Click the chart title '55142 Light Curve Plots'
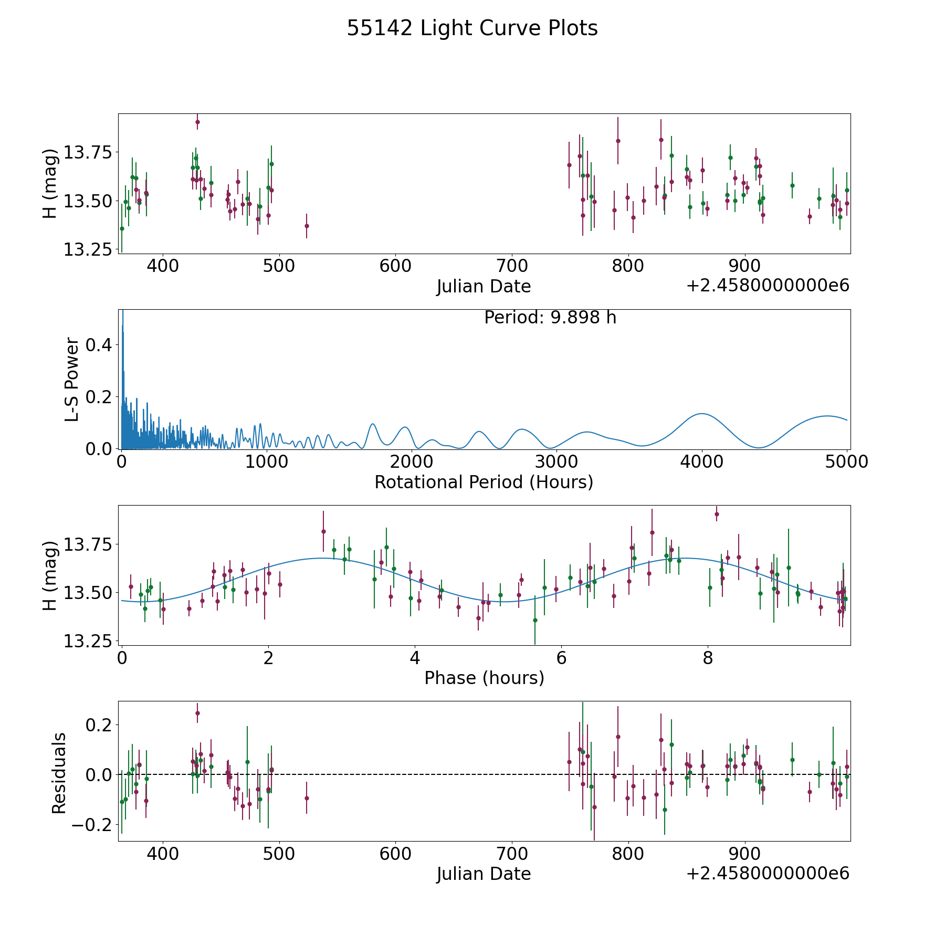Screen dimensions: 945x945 coord(472,28)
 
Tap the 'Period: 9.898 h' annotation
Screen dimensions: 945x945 coord(550,318)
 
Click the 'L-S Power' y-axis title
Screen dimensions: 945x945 coord(72,379)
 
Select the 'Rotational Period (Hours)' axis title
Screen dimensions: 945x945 coord(484,482)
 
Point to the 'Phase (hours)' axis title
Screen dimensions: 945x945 coord(484,678)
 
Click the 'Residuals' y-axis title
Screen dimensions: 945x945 coord(59,773)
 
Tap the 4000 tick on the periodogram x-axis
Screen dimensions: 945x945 coord(702,462)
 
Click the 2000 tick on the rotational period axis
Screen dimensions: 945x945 coord(412,462)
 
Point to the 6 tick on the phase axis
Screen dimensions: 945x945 coord(561,658)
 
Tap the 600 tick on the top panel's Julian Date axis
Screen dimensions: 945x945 coord(395,266)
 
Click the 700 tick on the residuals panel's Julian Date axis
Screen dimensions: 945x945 coord(512,854)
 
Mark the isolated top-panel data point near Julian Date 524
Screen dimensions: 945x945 coord(307,226)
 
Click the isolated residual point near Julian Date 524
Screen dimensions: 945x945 coord(307,798)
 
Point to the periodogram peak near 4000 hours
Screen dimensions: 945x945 coord(701,414)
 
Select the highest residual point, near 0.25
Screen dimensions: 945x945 coord(197,713)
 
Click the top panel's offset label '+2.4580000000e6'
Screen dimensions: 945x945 coord(768,286)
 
